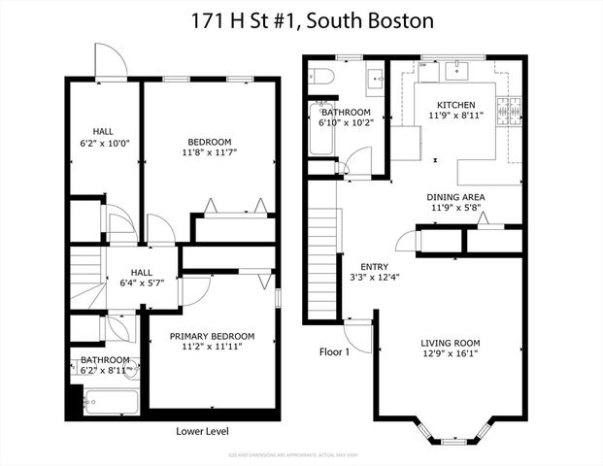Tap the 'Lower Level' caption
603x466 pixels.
(x=203, y=431)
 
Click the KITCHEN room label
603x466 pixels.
(x=455, y=104)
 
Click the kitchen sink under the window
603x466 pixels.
(x=455, y=71)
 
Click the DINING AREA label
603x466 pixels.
(x=455, y=197)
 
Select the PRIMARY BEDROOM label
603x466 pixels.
(x=205, y=335)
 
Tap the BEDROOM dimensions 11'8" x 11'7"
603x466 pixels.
(x=210, y=152)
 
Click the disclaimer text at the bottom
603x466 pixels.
(x=301, y=454)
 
